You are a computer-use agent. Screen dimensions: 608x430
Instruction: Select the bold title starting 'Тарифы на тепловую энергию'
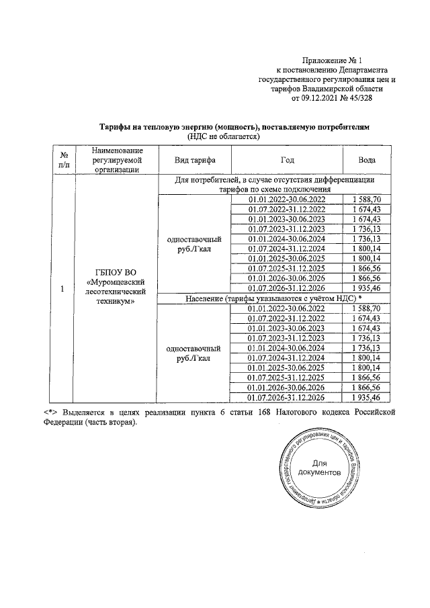tap(234, 126)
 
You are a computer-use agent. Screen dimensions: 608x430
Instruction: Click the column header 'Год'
tap(287, 161)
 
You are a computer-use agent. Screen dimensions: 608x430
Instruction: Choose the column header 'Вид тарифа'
tap(194, 161)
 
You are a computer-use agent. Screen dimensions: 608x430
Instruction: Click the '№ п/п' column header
tap(63, 160)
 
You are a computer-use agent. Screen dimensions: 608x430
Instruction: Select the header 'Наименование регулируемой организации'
tap(115, 161)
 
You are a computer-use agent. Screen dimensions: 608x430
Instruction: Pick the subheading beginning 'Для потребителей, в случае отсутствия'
tap(274, 185)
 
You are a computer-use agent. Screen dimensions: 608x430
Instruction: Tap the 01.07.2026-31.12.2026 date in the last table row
tap(287, 398)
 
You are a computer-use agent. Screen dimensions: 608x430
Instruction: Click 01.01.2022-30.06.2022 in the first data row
tap(287, 200)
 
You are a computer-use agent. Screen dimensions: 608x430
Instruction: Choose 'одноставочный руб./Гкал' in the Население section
tap(194, 353)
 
